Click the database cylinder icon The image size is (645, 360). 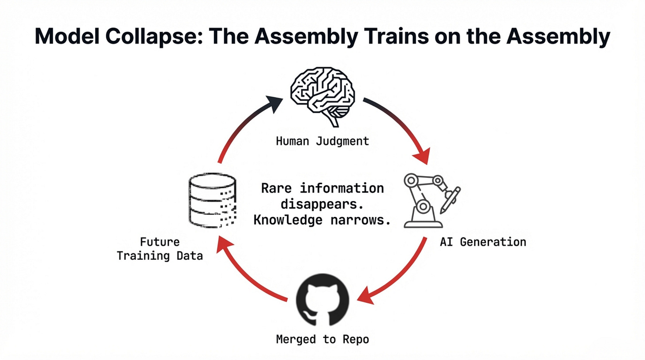pyautogui.click(x=212, y=201)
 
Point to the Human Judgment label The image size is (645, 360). pyautogui.click(x=322, y=141)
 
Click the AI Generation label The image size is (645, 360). pyautogui.click(x=483, y=242)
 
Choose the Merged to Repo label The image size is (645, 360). pyautogui.click(x=322, y=340)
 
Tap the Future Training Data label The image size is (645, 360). pyautogui.click(x=160, y=249)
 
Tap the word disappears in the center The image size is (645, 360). pyautogui.click(x=322, y=204)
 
